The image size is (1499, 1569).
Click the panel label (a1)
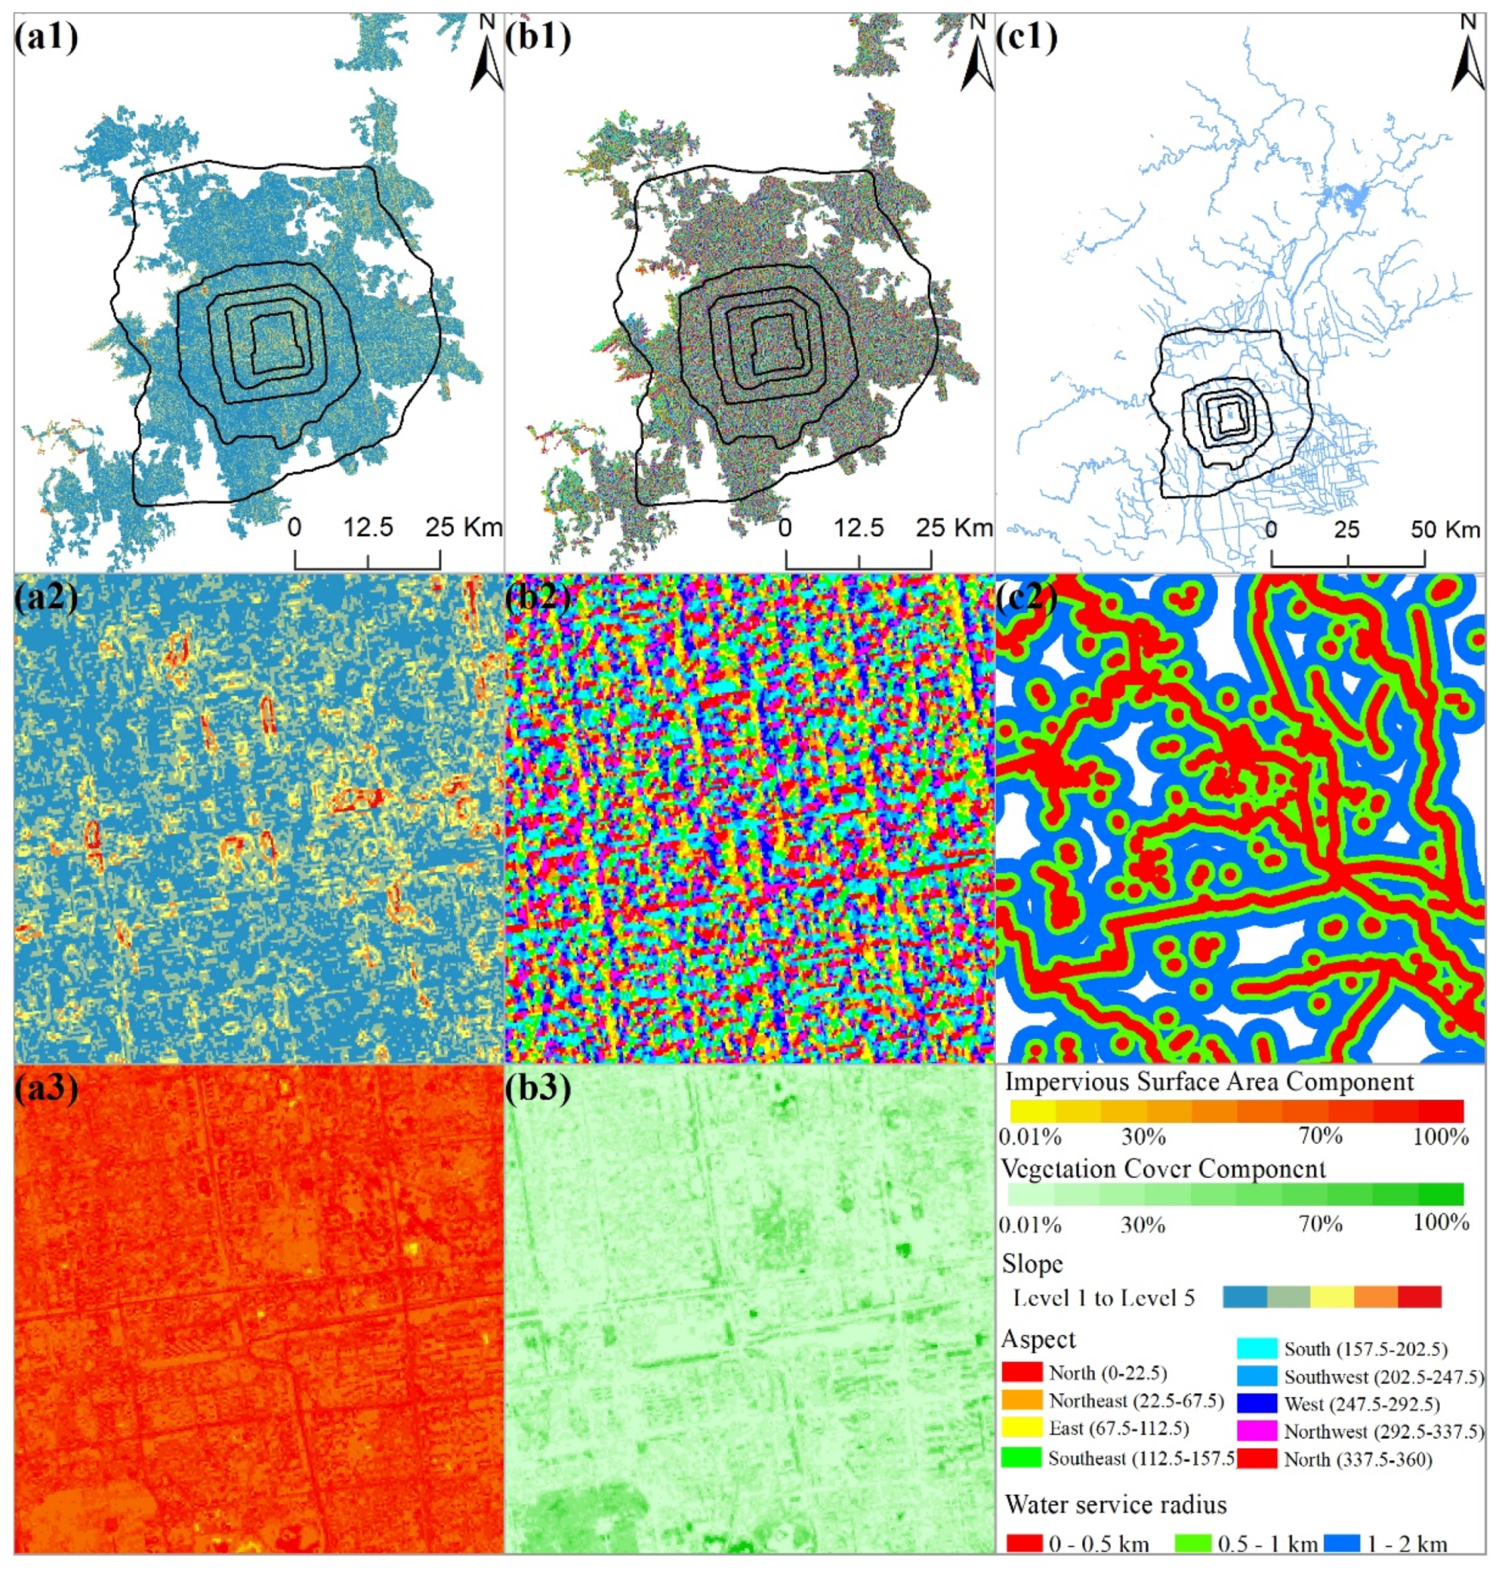pyautogui.click(x=45, y=37)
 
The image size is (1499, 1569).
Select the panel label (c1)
pyautogui.click(x=1027, y=37)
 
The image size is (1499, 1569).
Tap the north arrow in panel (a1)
pyautogui.click(x=486, y=55)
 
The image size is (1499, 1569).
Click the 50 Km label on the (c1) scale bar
pyautogui.click(x=1444, y=529)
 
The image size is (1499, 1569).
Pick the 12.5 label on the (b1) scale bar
pyautogui.click(x=859, y=528)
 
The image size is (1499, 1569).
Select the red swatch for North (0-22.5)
pyautogui.click(x=1022, y=1372)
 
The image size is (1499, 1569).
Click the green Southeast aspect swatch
pyautogui.click(x=1022, y=1458)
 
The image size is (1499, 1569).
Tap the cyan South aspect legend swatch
pyautogui.click(x=1257, y=1349)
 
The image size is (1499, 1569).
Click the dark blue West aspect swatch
pyautogui.click(x=1257, y=1403)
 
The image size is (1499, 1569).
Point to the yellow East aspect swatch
pyautogui.click(x=1022, y=1427)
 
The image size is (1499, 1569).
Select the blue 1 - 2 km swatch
pyautogui.click(x=1343, y=1544)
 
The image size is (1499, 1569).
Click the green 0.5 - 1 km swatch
pyautogui.click(x=1194, y=1544)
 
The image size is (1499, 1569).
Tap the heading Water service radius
pyautogui.click(x=1115, y=1505)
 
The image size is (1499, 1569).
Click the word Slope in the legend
pyautogui.click(x=1032, y=1264)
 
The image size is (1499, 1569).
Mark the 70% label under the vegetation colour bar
pyautogui.click(x=1320, y=1223)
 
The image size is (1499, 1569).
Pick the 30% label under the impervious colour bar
pyautogui.click(x=1142, y=1136)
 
